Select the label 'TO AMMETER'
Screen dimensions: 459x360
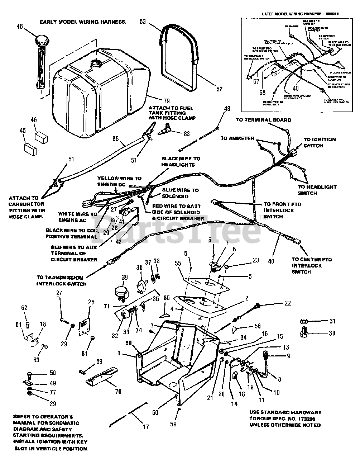237,138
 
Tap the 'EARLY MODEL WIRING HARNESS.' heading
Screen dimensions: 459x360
83,22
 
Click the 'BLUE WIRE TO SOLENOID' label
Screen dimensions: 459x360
180,193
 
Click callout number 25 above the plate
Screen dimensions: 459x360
91,302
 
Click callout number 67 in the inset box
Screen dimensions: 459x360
256,82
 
